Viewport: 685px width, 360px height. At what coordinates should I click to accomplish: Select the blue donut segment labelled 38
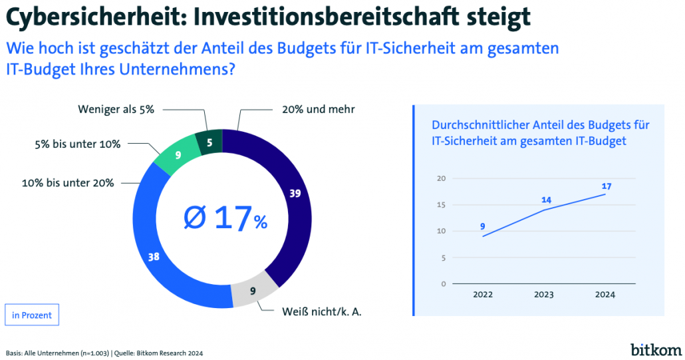tap(154, 256)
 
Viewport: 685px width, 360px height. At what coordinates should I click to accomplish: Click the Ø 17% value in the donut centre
tap(224, 218)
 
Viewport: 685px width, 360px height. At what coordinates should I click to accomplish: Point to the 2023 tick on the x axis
tap(545, 295)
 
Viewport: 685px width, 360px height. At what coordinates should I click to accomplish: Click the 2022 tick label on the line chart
tap(483, 295)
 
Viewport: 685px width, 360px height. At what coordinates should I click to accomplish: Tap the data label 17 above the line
tap(606, 186)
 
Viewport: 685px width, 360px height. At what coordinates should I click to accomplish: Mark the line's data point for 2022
tap(483, 236)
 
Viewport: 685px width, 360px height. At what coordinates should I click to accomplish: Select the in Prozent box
tap(32, 315)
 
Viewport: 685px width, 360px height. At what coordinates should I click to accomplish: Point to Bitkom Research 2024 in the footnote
tap(168, 353)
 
